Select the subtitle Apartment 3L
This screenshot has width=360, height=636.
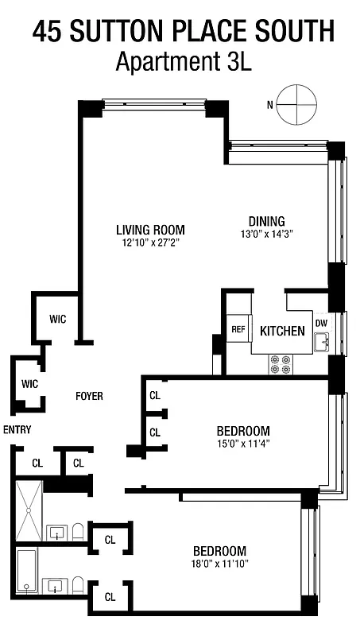coord(184,61)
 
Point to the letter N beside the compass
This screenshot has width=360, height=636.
coord(270,105)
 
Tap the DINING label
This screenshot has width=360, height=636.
coord(266,221)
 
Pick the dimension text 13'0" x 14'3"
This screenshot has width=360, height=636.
coord(266,234)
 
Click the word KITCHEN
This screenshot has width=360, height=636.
coord(282,331)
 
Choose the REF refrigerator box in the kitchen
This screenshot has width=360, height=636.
coord(238,330)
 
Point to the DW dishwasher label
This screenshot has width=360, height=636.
coord(321,323)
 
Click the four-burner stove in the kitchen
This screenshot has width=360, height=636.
coord(281,363)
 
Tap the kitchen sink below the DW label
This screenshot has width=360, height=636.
coord(321,343)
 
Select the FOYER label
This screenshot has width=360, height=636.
coord(89,396)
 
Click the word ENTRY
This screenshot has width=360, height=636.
coord(17,429)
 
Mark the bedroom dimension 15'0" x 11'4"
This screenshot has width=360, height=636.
coord(243,444)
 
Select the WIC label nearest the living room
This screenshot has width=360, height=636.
coord(57,320)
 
